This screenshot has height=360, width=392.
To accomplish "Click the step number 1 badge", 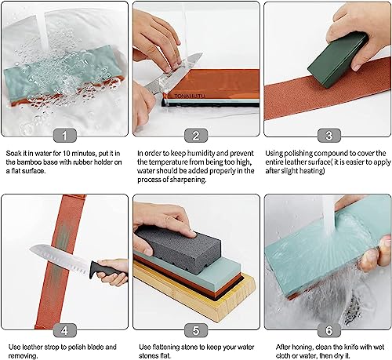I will [65, 134].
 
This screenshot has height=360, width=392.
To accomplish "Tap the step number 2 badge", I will [195, 134].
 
